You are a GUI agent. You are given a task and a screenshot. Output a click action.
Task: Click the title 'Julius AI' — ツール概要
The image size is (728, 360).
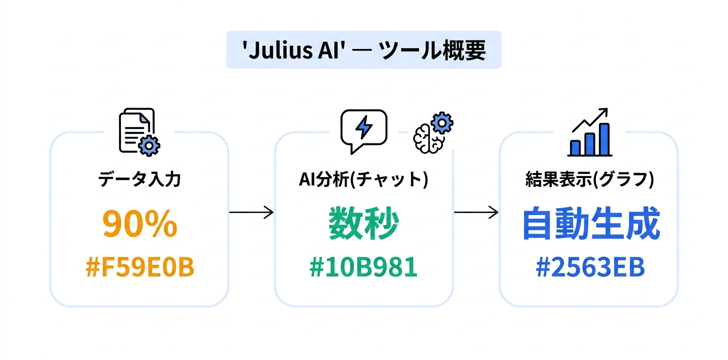click(363, 50)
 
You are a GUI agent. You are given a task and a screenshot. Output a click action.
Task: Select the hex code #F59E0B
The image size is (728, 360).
click(139, 267)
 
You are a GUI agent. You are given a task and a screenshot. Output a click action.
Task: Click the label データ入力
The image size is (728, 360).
click(139, 179)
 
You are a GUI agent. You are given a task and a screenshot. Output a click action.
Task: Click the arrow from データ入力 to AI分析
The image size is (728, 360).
click(251, 212)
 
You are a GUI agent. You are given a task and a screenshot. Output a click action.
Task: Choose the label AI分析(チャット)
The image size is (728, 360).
click(363, 179)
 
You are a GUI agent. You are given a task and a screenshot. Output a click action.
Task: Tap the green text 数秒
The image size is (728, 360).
click(363, 224)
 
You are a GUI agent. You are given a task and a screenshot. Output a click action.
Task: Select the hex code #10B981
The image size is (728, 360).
click(363, 267)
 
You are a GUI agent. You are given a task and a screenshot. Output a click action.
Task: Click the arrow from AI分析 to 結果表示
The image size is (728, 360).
click(476, 212)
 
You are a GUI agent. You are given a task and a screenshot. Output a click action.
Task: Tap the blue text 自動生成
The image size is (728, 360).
click(590, 225)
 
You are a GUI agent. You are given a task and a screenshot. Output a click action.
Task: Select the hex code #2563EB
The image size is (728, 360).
click(590, 267)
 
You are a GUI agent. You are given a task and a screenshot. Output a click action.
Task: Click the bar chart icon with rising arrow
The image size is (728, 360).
click(590, 131)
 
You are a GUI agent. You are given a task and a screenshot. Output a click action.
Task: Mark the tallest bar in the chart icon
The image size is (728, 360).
click(604, 140)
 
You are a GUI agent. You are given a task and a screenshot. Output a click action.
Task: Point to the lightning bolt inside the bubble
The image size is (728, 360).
click(363, 128)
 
